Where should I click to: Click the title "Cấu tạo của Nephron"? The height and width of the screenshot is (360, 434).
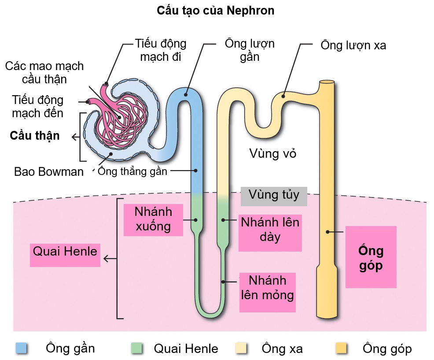pyautogui.click(x=216, y=11)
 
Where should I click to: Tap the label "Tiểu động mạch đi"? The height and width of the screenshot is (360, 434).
pyautogui.click(x=161, y=50)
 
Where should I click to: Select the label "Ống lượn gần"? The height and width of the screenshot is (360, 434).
pyautogui.click(x=250, y=50)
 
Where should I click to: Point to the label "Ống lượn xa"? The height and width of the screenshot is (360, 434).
pyautogui.click(x=353, y=45)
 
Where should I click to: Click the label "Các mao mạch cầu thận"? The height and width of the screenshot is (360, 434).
pyautogui.click(x=44, y=73)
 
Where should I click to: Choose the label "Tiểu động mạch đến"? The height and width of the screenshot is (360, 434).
pyautogui.click(x=37, y=107)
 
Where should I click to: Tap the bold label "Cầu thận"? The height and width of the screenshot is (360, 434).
pyautogui.click(x=35, y=135)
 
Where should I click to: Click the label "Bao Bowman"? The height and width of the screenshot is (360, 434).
pyautogui.click(x=49, y=171)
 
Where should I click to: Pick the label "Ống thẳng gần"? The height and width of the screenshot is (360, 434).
pyautogui.click(x=132, y=171)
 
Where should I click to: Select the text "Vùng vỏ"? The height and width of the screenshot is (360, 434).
pyautogui.click(x=273, y=154)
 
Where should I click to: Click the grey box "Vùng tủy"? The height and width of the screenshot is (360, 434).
pyautogui.click(x=274, y=195)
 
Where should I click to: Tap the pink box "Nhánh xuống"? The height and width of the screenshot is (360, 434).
pyautogui.click(x=153, y=219)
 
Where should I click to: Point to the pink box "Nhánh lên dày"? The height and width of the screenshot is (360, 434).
pyautogui.click(x=270, y=229)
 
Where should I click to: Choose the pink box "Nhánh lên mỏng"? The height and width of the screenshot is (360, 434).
pyautogui.click(x=267, y=287)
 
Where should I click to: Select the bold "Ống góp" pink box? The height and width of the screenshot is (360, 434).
pyautogui.click(x=371, y=258)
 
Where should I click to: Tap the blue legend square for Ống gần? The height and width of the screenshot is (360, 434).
pyautogui.click(x=21, y=349)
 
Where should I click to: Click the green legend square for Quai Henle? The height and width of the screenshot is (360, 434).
pyautogui.click(x=138, y=349)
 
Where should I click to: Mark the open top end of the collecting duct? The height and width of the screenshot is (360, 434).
pyautogui.click(x=327, y=82)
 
